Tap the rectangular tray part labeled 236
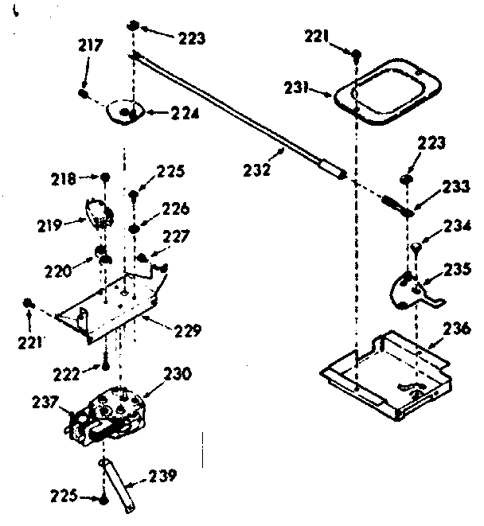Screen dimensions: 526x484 [x=382, y=366]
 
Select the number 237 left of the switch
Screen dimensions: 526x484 [x=45, y=403]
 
